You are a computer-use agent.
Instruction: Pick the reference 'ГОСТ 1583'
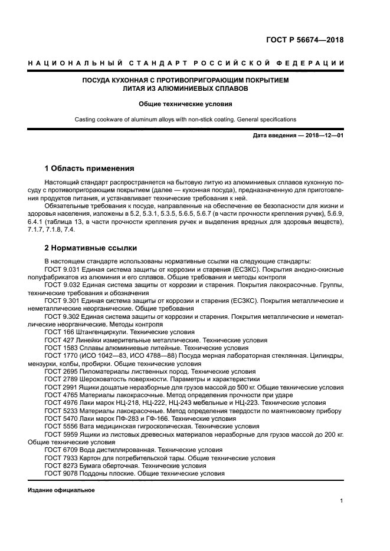pos(61,348)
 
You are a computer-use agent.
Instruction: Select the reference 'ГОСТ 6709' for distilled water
pos(61,449)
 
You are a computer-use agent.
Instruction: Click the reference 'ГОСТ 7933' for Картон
pos(61,457)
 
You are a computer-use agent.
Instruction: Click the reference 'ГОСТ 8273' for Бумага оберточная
pos(61,465)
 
